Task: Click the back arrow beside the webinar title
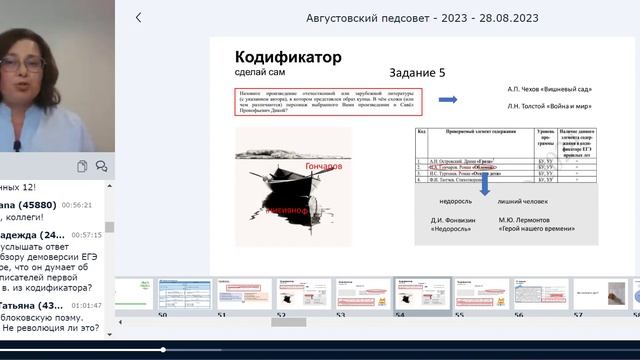pyautogui.click(x=138, y=17)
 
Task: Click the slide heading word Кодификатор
pyautogui.click(x=288, y=57)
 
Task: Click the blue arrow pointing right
pyautogui.click(x=448, y=100)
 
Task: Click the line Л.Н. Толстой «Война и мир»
pyautogui.click(x=549, y=106)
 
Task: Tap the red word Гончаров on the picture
pyautogui.click(x=321, y=165)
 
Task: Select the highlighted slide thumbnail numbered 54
pyautogui.click(x=421, y=294)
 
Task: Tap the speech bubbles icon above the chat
pyautogui.click(x=102, y=166)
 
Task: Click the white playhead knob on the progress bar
pyautogui.click(x=162, y=350)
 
